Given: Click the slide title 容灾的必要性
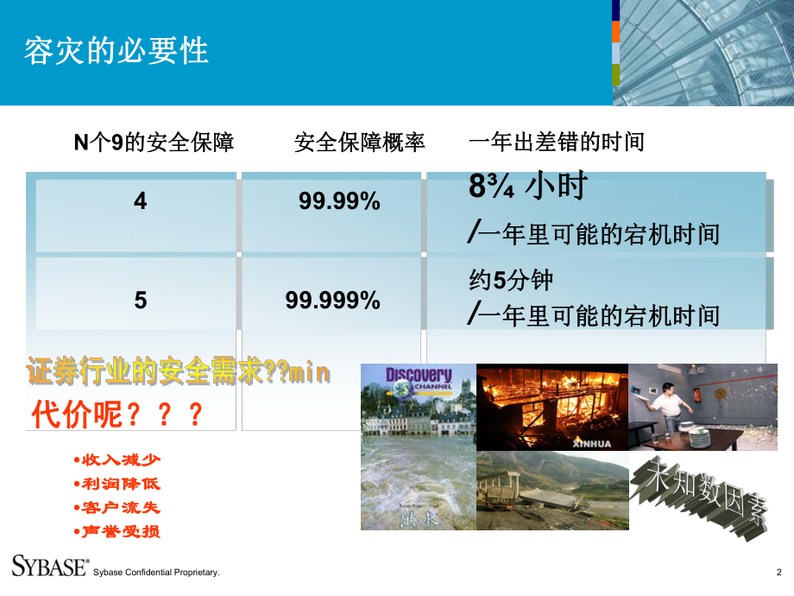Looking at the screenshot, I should click(x=116, y=51).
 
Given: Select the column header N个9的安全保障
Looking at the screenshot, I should click(x=154, y=142).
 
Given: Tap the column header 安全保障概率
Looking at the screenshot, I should click(x=360, y=142).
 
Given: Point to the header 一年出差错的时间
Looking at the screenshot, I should click(x=556, y=142).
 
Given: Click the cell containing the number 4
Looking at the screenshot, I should click(x=141, y=201).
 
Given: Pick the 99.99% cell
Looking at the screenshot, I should click(x=339, y=201).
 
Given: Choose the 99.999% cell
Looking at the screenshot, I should click(x=332, y=300).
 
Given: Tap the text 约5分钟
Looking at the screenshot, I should click(x=510, y=280).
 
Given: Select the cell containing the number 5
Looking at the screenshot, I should click(x=141, y=300).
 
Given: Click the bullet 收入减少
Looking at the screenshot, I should click(x=118, y=460).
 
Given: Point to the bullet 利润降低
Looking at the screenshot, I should click(x=118, y=484).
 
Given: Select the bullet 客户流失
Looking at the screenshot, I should click(x=118, y=507).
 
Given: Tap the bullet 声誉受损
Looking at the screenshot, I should click(x=118, y=530).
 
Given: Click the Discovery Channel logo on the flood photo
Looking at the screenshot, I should click(x=419, y=379).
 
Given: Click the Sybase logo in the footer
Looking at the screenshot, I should click(x=49, y=566).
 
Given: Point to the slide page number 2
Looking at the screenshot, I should click(x=778, y=572).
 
